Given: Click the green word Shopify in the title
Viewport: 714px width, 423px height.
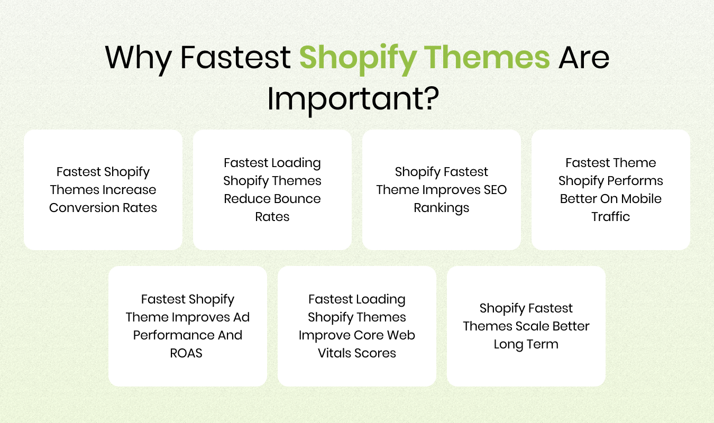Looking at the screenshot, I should [x=358, y=59].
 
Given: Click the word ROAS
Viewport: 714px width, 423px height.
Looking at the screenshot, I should [x=186, y=353].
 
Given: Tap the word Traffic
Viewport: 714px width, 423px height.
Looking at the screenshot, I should [x=611, y=217].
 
